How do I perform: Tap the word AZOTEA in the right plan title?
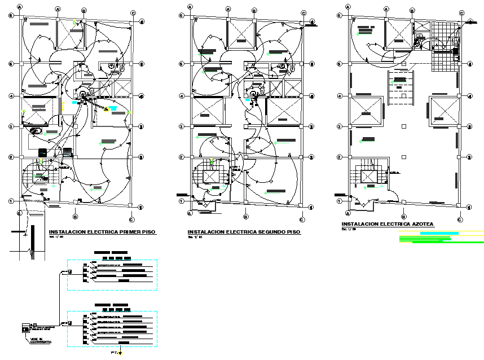pos(422,224)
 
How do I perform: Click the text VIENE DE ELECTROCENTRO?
pos(40,341)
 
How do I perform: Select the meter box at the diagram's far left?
pos(25,328)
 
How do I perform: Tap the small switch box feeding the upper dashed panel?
pos(71,272)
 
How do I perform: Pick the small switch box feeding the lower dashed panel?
pos(71,323)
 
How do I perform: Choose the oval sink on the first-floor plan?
pos(35,131)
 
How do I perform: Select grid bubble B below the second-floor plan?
pos(246,216)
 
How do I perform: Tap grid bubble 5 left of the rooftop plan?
pos(338,64)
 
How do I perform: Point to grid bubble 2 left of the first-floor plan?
pos(11,157)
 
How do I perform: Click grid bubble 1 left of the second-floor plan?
pos(182,201)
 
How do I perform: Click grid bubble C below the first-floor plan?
pos(131,219)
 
